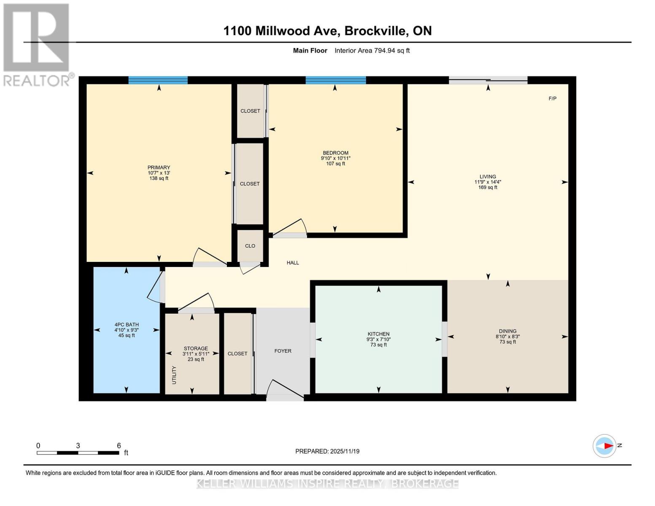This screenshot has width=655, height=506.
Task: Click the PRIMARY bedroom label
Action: [159, 167]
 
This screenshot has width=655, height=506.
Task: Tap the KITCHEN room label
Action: [378, 334]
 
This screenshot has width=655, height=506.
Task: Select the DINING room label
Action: [508, 331]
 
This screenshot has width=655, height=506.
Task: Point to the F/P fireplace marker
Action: [552, 99]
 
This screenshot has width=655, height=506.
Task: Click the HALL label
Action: [293, 263]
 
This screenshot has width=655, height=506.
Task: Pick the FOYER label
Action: [283, 351]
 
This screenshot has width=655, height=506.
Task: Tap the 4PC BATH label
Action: [127, 325]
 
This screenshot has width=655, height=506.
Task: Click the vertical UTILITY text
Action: [174, 375]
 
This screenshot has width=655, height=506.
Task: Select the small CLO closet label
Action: [250, 246]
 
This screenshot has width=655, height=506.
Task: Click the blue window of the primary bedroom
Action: [158, 80]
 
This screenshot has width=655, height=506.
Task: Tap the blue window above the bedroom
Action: [335, 80]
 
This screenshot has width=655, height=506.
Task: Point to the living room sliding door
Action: [488, 80]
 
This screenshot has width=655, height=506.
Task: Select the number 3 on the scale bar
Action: [78, 446]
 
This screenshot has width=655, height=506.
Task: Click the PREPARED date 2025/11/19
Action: [345, 452]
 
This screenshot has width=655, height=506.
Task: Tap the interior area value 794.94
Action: [385, 51]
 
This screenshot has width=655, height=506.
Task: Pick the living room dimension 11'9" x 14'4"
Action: [488, 182]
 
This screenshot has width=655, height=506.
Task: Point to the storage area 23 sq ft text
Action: [196, 359]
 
